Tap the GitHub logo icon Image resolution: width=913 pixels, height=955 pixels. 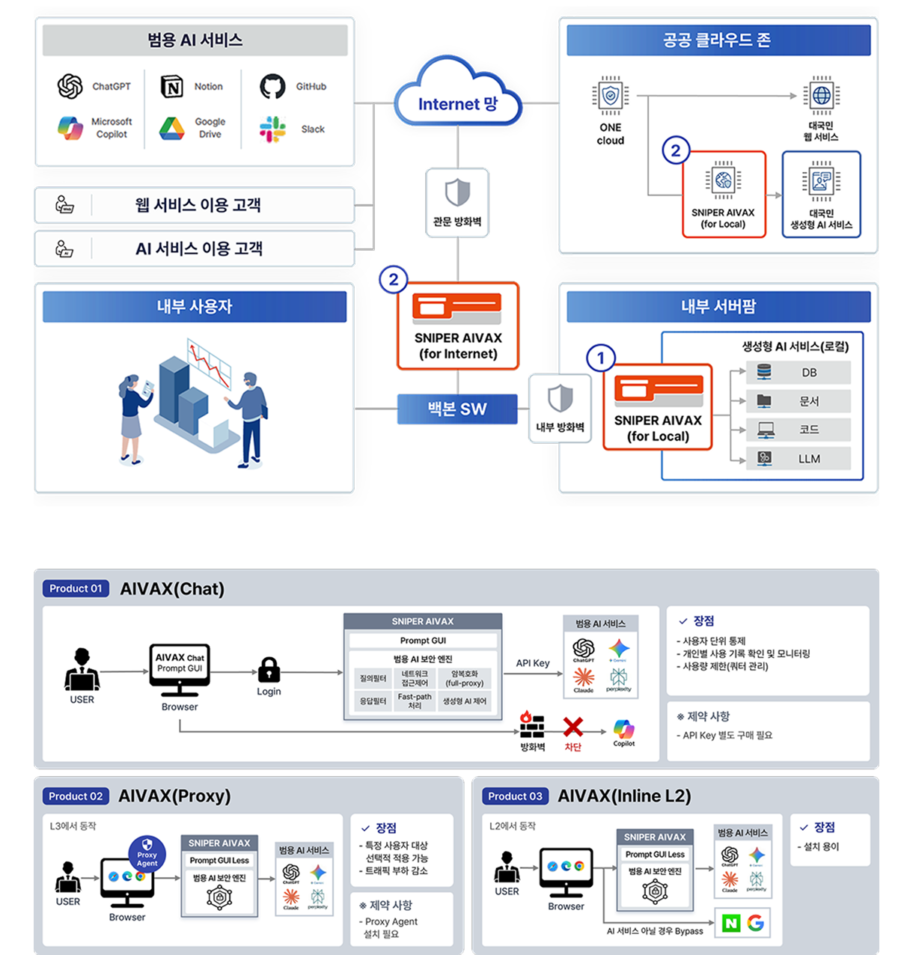[x=272, y=87]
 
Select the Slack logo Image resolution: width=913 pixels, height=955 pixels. [x=272, y=129]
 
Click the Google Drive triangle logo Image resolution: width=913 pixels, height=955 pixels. [x=171, y=129]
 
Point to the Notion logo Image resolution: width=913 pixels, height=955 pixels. [x=172, y=87]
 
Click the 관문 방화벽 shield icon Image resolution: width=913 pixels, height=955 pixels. [x=457, y=192]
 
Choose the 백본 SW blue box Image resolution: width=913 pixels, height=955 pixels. [x=456, y=409]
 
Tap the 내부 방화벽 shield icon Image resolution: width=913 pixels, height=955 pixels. [x=560, y=399]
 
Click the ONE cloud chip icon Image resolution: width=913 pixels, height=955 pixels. [x=611, y=96]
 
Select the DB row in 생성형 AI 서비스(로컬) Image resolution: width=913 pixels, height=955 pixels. [x=799, y=372]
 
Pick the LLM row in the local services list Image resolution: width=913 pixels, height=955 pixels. [x=799, y=458]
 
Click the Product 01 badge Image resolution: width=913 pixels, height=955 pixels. [x=76, y=588]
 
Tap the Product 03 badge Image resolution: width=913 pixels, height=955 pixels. [x=515, y=796]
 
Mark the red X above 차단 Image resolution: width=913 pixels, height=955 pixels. [x=573, y=727]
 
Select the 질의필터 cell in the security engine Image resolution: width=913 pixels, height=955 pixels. [x=373, y=679]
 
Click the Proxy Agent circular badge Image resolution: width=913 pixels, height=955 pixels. [x=147, y=853]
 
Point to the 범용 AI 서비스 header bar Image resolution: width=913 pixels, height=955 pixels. [x=195, y=40]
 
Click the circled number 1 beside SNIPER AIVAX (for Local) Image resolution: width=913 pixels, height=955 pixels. [x=600, y=358]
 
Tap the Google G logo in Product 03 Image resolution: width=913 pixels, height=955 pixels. [x=756, y=923]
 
